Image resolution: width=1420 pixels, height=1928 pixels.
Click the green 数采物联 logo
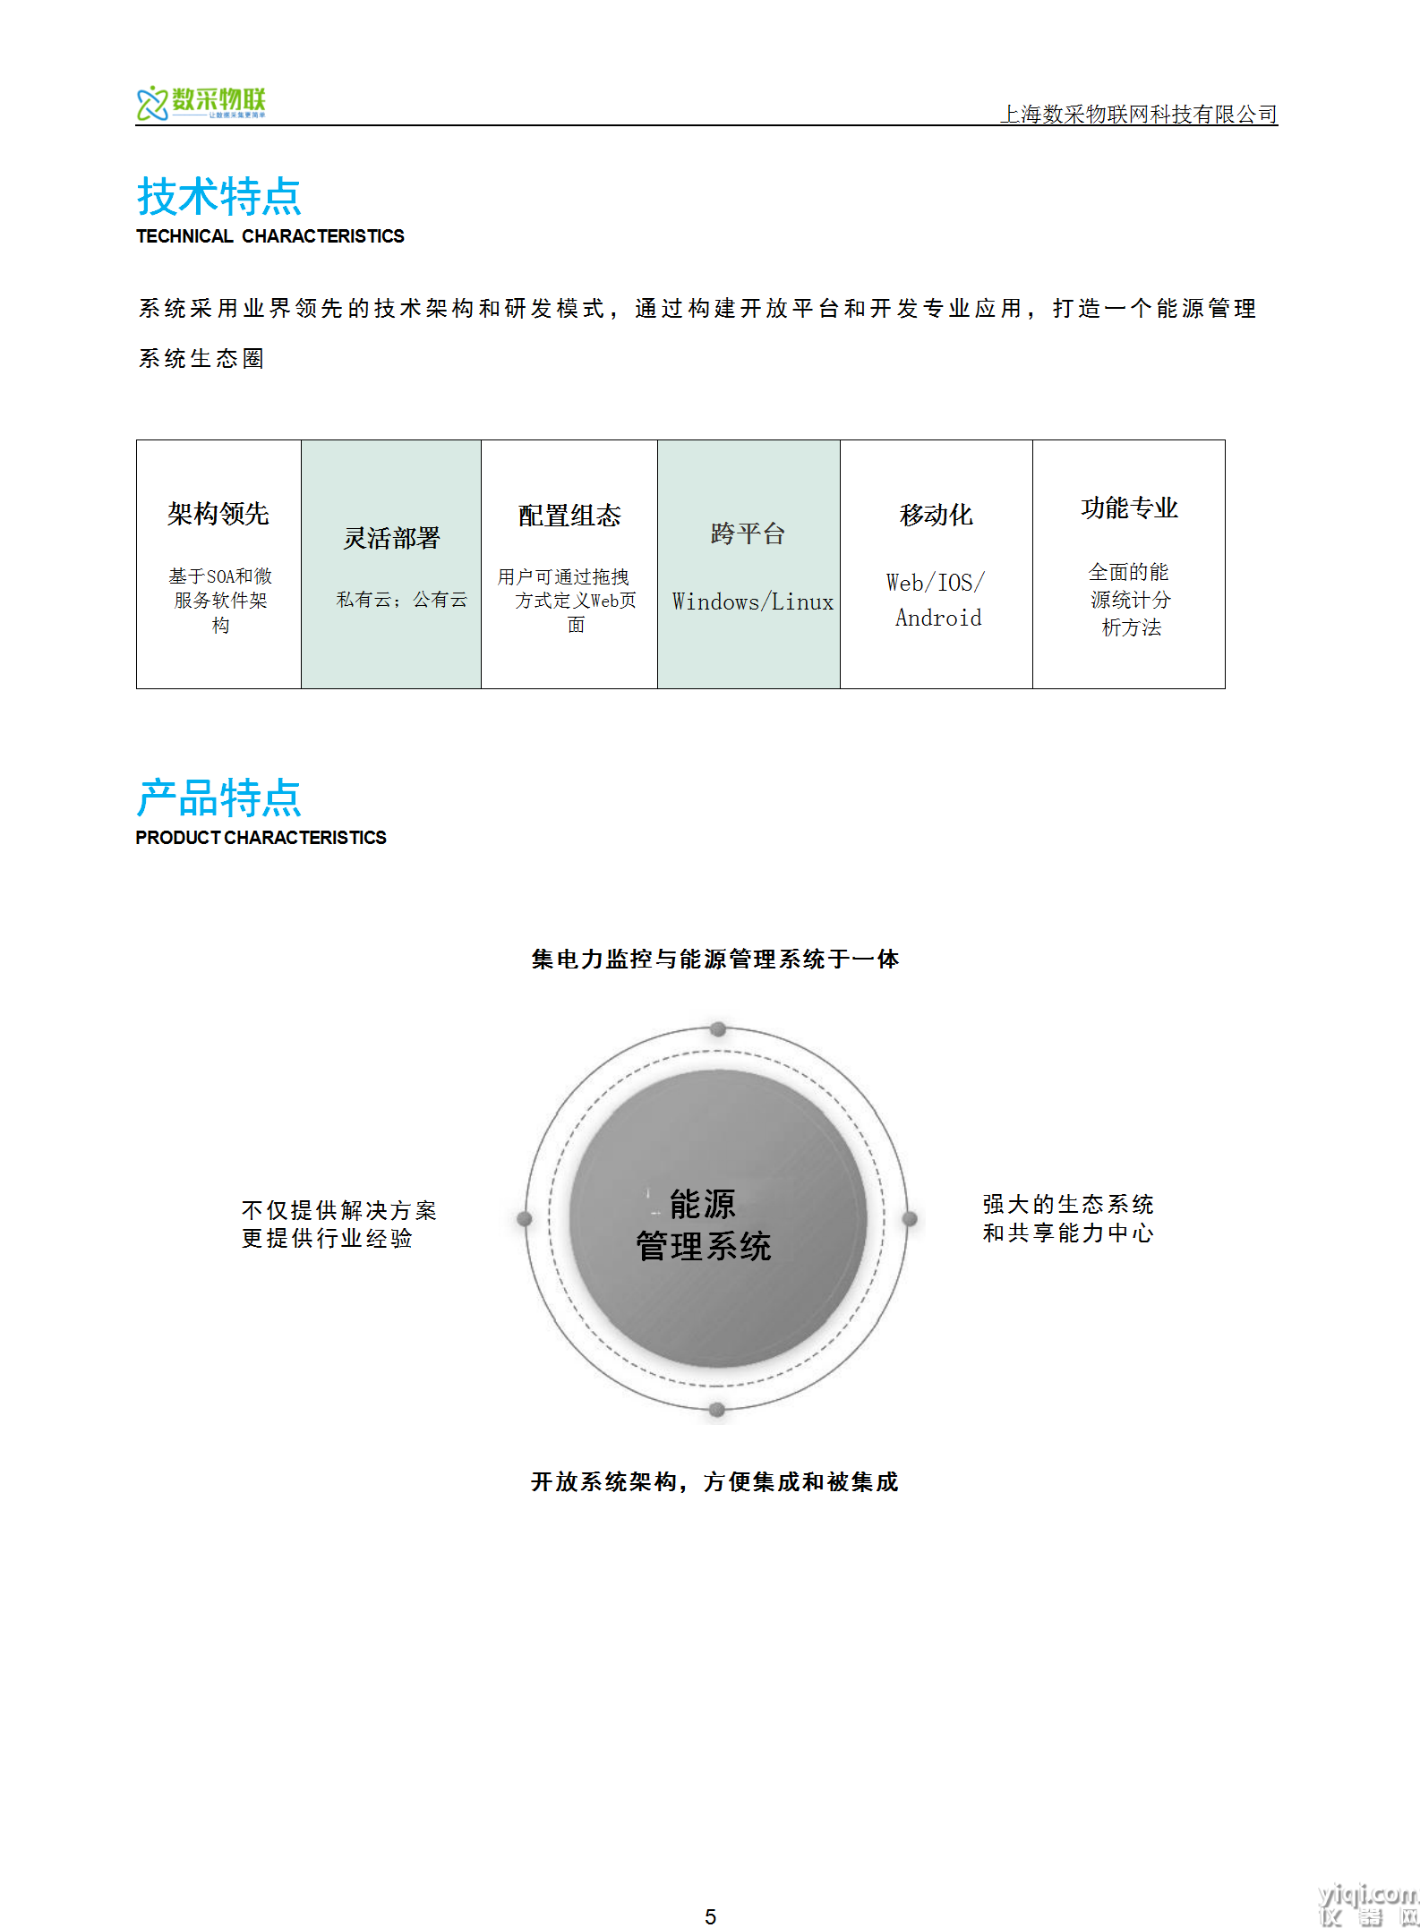pos(201,103)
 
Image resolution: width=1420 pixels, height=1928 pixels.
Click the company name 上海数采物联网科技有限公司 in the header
pos(1139,114)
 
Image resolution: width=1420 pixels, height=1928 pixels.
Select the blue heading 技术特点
pos(219,196)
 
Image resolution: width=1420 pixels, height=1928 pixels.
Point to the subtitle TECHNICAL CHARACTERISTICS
pos(270,236)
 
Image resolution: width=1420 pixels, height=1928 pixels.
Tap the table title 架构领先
pos(218,514)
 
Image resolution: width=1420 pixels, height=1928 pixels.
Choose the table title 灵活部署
pos(392,538)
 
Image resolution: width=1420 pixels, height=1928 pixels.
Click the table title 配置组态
pos(569,516)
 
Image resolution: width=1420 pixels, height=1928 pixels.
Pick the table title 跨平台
pos(748,533)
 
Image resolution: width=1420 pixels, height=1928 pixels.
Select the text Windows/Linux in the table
pos(753,601)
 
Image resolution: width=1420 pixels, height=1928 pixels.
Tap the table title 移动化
pos(937,515)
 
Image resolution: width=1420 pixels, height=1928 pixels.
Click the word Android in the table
pos(938,618)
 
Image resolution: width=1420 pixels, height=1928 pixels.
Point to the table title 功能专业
pos(1130,508)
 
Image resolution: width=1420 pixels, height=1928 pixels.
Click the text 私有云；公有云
pos(402,600)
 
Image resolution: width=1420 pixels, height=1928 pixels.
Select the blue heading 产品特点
pos(219,798)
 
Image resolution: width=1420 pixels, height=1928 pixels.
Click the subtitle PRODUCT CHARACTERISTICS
pos(261,838)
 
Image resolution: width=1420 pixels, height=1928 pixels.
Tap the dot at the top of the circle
pos(718,1028)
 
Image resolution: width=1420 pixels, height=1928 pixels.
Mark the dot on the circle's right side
pos(910,1218)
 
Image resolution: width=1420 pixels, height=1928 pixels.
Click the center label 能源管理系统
pos(704,1224)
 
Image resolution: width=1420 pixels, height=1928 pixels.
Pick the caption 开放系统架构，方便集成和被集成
pos(714,1481)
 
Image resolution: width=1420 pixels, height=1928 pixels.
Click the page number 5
pos(710,1916)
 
